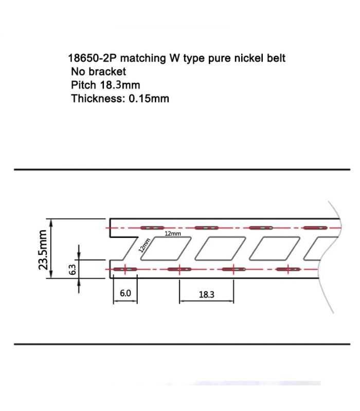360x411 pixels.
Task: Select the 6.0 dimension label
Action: [x=125, y=293]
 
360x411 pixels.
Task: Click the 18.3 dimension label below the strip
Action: [x=206, y=294]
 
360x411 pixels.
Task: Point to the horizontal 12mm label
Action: [x=173, y=234]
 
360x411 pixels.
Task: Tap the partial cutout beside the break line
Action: [x=315, y=249]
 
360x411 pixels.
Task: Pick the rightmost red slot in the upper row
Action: [x=315, y=228]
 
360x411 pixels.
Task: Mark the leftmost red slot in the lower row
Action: [x=125, y=269]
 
